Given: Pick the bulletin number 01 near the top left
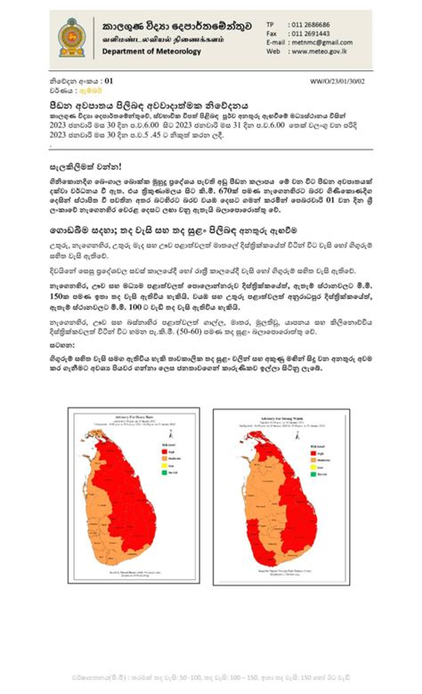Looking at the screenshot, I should tap(110, 81).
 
